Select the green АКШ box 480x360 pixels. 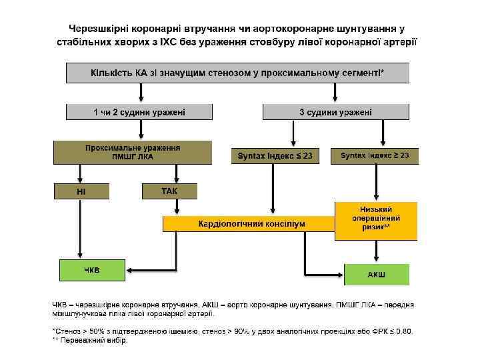[376, 273]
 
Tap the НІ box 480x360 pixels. [81, 192]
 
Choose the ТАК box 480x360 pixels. [170, 191]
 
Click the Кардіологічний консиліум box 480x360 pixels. [251, 223]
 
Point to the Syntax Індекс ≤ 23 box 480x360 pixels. [274, 156]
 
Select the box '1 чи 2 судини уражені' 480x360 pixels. [139, 112]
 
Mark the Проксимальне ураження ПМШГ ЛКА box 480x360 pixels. [132, 152]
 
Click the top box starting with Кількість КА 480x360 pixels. [237, 72]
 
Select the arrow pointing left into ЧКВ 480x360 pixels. [133, 270]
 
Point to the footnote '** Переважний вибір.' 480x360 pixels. [89, 340]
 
